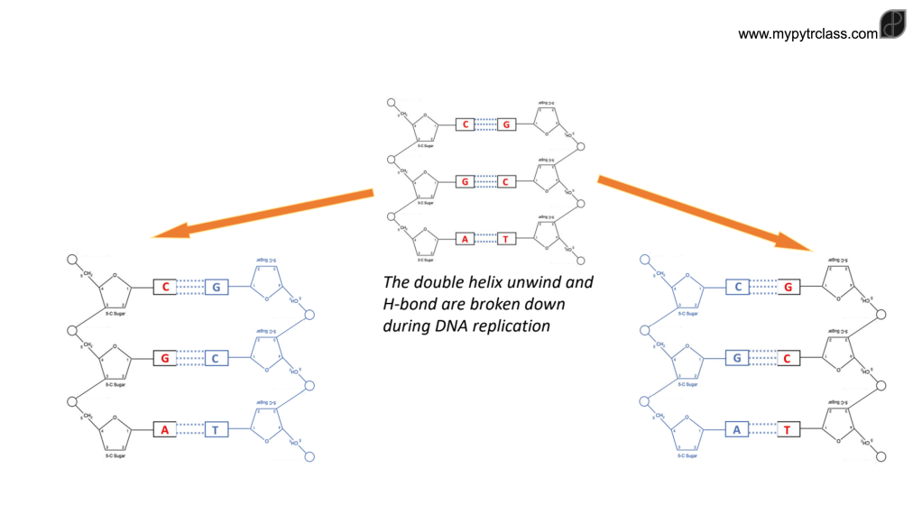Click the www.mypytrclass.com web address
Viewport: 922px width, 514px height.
click(x=807, y=34)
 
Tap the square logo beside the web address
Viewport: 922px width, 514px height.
click(x=892, y=24)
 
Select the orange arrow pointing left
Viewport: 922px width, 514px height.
click(x=263, y=214)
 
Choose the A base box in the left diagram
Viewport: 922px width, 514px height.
click(x=164, y=429)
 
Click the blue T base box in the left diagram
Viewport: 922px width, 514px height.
click(x=216, y=429)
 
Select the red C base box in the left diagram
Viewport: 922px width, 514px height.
click(x=164, y=287)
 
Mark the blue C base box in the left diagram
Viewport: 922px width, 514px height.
click(x=216, y=358)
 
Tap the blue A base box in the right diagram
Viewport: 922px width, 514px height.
click(x=737, y=429)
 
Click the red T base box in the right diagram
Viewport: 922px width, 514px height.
click(x=787, y=429)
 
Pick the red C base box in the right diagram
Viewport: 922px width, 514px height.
click(x=787, y=358)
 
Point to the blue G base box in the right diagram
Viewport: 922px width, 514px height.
click(x=737, y=358)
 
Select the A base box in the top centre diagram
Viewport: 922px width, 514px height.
click(x=465, y=239)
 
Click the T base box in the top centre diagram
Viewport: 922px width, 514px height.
click(x=506, y=239)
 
